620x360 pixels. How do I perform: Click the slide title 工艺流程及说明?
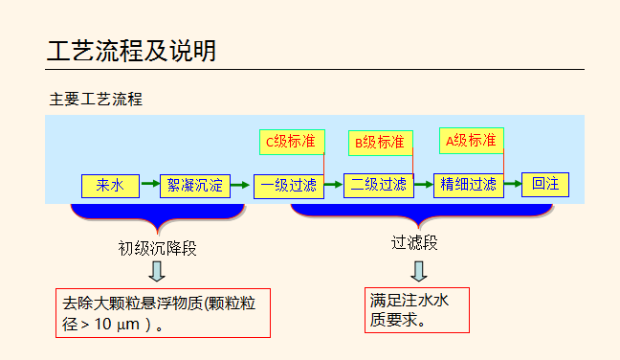(131, 51)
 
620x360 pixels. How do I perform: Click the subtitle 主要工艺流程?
(96, 99)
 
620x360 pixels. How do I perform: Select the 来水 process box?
(110, 185)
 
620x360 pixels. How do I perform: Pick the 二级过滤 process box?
(378, 185)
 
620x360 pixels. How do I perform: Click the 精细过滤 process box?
(468, 185)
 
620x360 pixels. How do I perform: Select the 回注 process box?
(545, 184)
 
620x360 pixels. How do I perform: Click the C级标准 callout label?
(292, 142)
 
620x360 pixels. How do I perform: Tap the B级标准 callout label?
(380, 143)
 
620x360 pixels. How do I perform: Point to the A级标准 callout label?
(471, 141)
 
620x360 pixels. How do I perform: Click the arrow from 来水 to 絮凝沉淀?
(149, 185)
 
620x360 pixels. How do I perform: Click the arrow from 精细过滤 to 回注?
(513, 184)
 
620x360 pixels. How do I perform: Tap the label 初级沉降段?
(158, 248)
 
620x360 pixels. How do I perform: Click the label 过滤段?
(414, 243)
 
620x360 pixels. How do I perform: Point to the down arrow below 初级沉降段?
(157, 271)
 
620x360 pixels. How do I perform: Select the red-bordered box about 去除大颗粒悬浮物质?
(163, 313)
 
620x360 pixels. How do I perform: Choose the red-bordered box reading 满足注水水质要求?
(416, 309)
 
